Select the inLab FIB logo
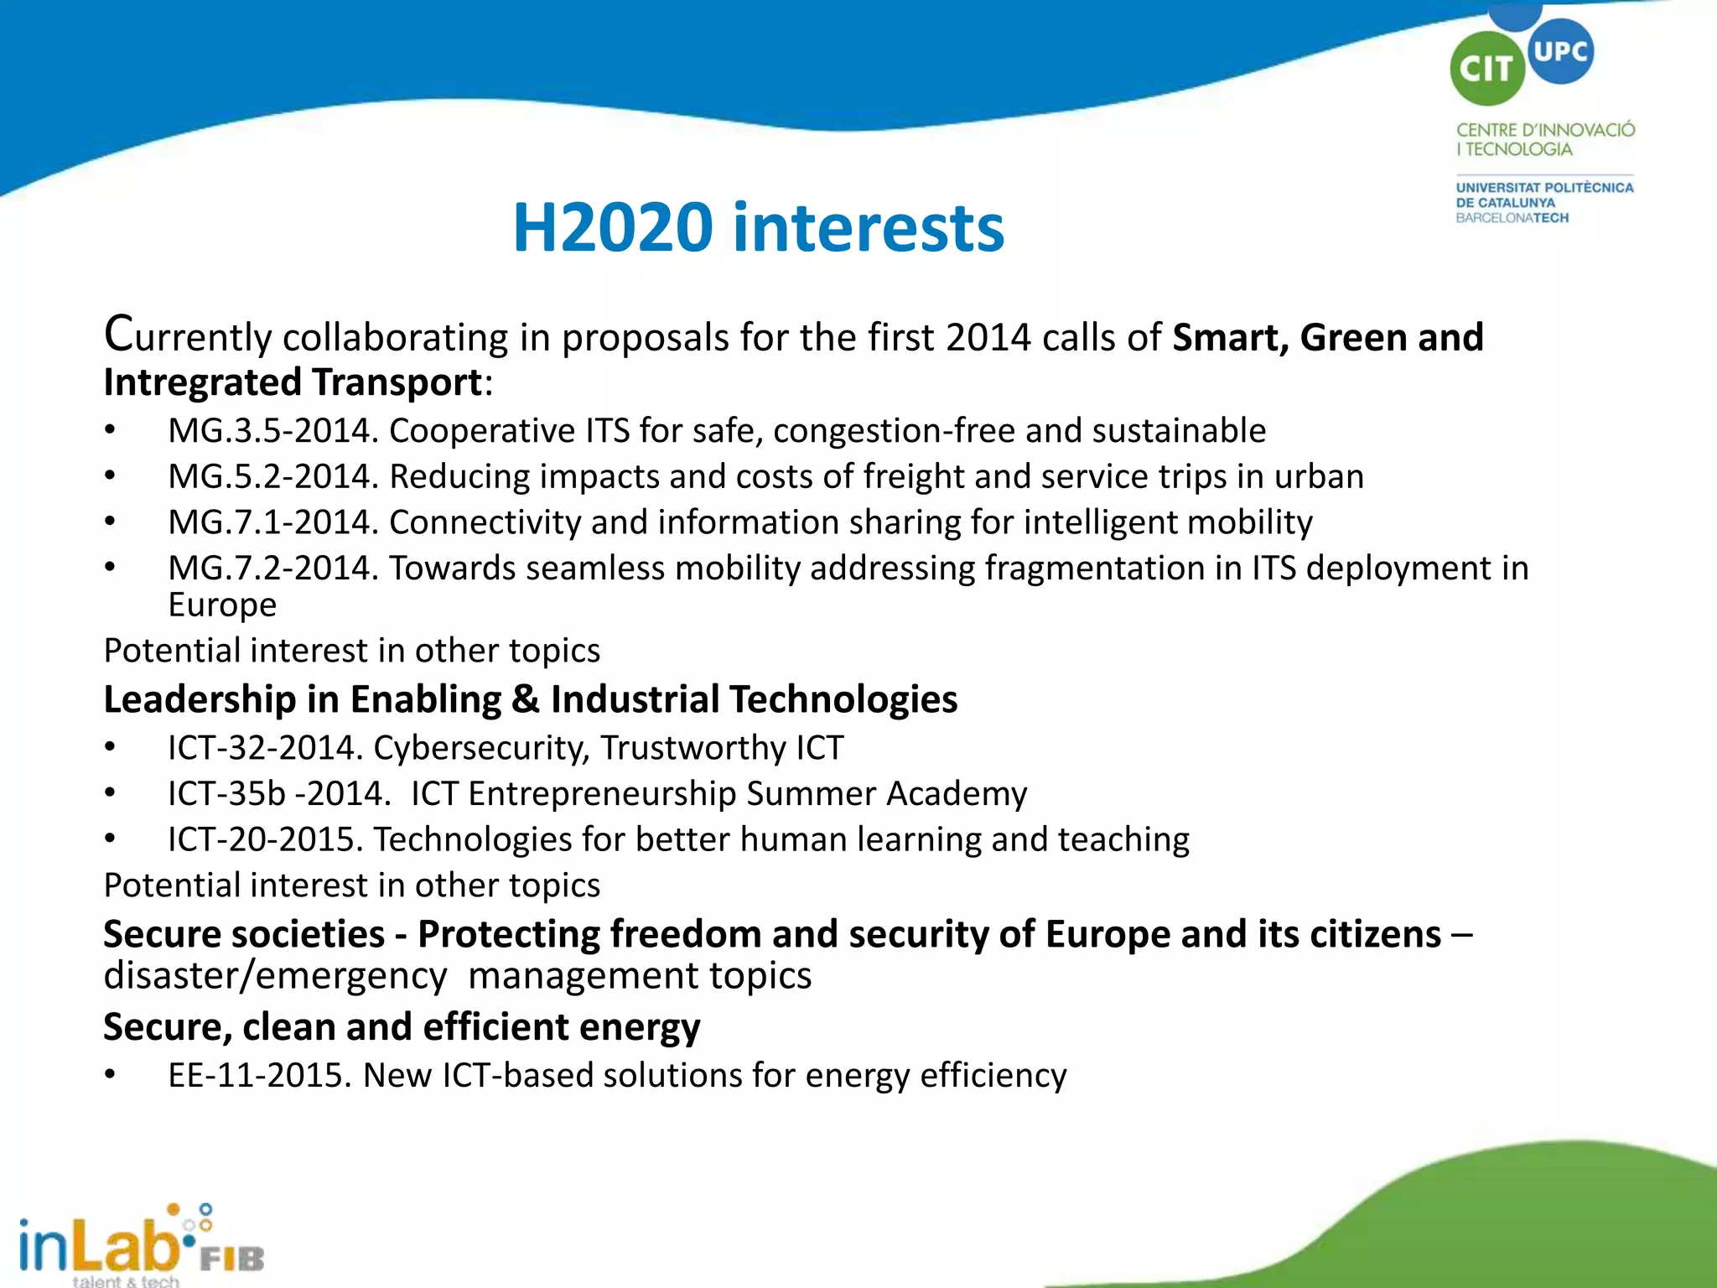pos(140,1244)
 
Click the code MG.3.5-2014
pos(273,431)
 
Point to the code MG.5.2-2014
pos(273,476)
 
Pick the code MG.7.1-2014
pos(273,522)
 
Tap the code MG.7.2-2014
pos(273,569)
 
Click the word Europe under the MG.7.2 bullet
pos(222,605)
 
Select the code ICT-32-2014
pos(265,748)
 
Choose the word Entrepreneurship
pos(603,794)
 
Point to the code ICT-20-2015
pos(265,839)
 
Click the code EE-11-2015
pos(259,1076)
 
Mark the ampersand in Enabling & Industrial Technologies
pos(526,699)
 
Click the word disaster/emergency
pos(275,976)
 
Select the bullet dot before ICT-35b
pos(110,794)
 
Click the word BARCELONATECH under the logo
pos(1512,218)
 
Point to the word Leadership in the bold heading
pos(200,699)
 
